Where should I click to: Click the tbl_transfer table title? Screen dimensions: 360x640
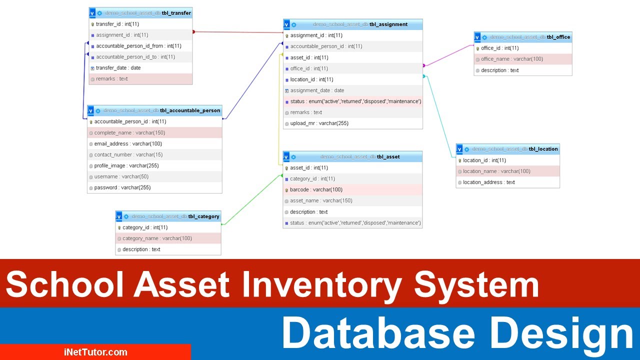(176, 13)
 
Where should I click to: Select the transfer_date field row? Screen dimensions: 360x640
(118, 68)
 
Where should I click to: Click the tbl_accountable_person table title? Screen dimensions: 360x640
(190, 110)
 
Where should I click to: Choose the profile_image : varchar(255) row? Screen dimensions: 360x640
(126, 166)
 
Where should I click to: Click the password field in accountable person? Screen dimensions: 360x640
(122, 188)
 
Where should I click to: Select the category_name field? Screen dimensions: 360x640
(157, 238)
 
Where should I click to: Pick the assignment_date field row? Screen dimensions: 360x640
(317, 90)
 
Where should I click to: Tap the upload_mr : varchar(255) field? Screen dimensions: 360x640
(319, 123)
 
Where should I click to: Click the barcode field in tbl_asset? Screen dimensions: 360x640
(316, 190)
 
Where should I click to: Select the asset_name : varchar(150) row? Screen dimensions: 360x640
(321, 201)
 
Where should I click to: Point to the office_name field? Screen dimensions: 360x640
(512, 59)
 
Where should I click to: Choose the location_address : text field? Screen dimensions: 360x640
(488, 182)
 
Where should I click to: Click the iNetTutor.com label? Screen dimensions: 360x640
(95, 352)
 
